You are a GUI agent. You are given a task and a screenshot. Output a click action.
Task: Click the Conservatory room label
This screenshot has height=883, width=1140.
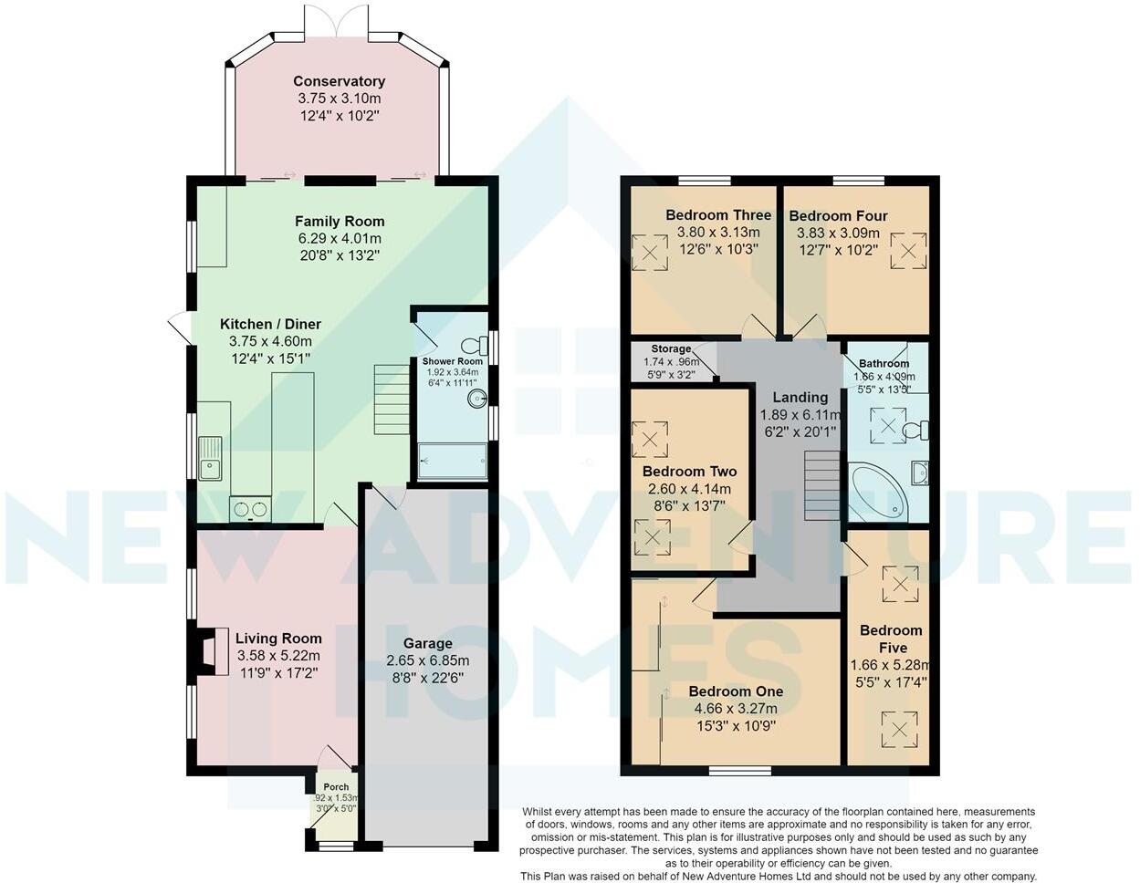click(x=339, y=81)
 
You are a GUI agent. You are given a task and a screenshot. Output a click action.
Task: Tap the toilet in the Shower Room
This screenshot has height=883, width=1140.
click(x=475, y=346)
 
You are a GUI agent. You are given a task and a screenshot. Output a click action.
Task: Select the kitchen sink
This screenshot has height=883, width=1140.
click(x=210, y=459)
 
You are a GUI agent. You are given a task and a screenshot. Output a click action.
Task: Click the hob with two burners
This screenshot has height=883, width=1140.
click(x=250, y=509)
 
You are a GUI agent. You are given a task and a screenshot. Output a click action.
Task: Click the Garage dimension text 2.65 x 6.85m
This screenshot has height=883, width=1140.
click(x=427, y=660)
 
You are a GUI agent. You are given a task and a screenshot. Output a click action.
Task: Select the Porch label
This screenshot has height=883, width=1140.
click(x=336, y=787)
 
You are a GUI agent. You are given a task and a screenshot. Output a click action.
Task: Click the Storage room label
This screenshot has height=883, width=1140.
click(x=671, y=348)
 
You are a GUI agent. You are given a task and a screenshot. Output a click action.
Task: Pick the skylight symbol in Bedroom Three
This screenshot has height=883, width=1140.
click(x=650, y=253)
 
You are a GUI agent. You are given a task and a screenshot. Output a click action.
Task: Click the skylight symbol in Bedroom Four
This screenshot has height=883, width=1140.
click(x=909, y=251)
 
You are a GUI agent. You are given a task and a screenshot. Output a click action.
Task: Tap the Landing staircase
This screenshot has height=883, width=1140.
click(x=823, y=485)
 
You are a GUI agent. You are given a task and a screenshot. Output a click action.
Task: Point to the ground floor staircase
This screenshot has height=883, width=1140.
click(x=392, y=400)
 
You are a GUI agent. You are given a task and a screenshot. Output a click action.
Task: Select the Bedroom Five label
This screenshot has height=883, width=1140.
click(x=892, y=639)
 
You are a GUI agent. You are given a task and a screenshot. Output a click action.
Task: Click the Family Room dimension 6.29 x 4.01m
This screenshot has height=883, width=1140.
click(x=340, y=239)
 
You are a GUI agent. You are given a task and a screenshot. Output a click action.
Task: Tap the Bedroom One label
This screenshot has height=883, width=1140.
click(x=736, y=691)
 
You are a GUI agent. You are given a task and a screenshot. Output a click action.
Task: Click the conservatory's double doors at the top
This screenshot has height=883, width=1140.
click(x=336, y=21)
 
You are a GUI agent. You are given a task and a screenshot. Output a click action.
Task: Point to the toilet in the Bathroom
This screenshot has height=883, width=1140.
click(x=916, y=431)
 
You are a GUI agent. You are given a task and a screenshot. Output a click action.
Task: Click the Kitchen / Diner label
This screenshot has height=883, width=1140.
click(x=270, y=324)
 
